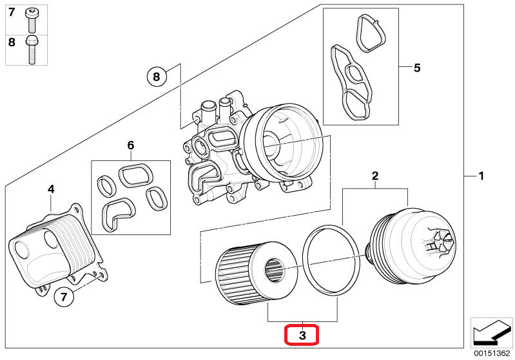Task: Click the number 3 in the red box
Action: [x=301, y=335]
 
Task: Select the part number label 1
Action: [x=480, y=176]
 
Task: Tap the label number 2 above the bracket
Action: [x=374, y=176]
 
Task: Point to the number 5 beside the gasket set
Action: [x=416, y=67]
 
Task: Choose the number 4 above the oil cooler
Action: [x=51, y=189]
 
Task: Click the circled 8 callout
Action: [x=156, y=77]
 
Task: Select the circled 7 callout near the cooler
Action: [x=63, y=298]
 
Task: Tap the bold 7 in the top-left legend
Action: [x=12, y=12]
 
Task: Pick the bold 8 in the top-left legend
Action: [x=12, y=43]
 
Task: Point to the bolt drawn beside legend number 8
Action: [x=32, y=50]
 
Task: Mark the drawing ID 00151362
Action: [x=492, y=353]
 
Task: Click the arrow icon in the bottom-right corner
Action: [x=491, y=332]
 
